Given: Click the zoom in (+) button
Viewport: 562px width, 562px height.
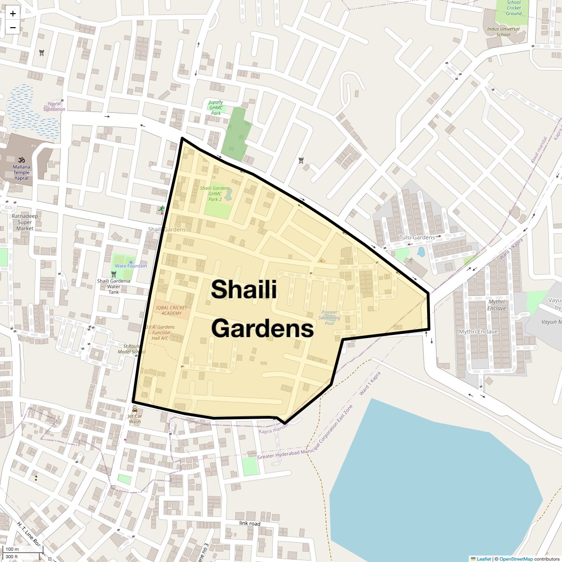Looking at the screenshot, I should tap(13, 14).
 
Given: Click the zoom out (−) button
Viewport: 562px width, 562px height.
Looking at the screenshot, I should tap(13, 27).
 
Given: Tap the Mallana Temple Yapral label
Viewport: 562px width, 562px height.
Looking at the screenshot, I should tap(22, 172).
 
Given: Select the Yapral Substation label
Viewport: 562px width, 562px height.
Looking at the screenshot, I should tap(54, 107).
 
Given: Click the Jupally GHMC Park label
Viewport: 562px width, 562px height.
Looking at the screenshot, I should tap(216, 107).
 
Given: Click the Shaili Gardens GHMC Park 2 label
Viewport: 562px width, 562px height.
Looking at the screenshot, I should tap(215, 193).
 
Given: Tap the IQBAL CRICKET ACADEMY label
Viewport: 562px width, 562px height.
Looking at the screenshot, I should tap(171, 310).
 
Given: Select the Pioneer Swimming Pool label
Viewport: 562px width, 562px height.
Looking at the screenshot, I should tap(329, 318).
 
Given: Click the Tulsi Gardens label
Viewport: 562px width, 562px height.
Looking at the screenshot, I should tap(417, 237).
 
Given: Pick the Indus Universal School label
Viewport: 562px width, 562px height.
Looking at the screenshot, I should tap(503, 31).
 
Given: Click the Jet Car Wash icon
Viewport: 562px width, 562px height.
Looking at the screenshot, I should tap(135, 409).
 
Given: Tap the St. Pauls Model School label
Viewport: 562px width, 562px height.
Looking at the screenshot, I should tap(132, 349).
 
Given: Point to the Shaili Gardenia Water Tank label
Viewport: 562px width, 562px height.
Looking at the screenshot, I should tap(114, 286).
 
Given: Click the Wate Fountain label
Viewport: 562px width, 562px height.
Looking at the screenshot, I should tap(131, 266).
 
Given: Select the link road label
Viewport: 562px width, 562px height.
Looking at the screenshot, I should tap(249, 523).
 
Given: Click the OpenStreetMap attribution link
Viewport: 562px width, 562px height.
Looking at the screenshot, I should tap(516, 559).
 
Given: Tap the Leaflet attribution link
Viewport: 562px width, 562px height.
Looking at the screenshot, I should tap(484, 559).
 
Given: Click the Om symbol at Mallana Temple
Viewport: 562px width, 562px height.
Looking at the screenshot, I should tap(21, 160).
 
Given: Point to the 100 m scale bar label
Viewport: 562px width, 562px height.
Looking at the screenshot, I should tap(13, 549).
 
